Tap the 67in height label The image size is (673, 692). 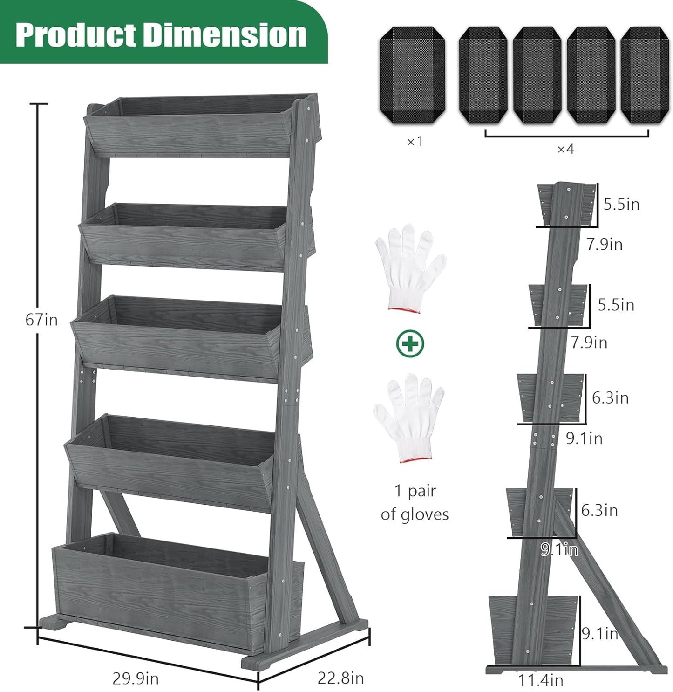pyautogui.click(x=41, y=320)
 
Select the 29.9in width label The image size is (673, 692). pyautogui.click(x=136, y=678)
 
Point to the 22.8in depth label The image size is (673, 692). pyautogui.click(x=340, y=678)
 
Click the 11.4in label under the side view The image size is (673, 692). pyautogui.click(x=541, y=680)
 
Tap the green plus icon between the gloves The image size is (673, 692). pyautogui.click(x=410, y=344)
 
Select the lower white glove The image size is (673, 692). pyautogui.click(x=409, y=417)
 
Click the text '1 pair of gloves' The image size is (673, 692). pyautogui.click(x=415, y=502)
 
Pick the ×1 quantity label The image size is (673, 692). pyautogui.click(x=415, y=141)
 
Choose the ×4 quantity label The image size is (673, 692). pyautogui.click(x=565, y=149)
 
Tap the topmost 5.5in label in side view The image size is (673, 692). pyautogui.click(x=621, y=204)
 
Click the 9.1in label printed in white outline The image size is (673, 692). pyautogui.click(x=559, y=550)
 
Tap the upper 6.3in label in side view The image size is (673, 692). pyautogui.click(x=610, y=398)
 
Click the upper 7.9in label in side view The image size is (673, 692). pyautogui.click(x=604, y=244)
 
